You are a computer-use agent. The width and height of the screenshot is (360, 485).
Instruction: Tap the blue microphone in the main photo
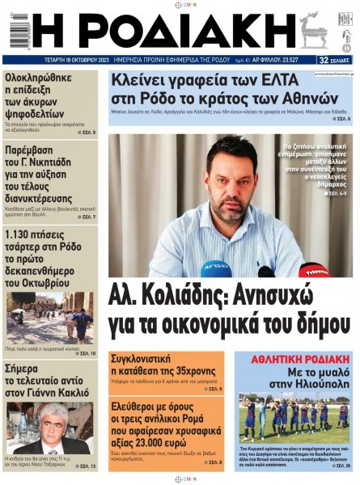(215, 268)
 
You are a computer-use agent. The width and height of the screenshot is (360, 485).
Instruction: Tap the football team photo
(294, 413)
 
